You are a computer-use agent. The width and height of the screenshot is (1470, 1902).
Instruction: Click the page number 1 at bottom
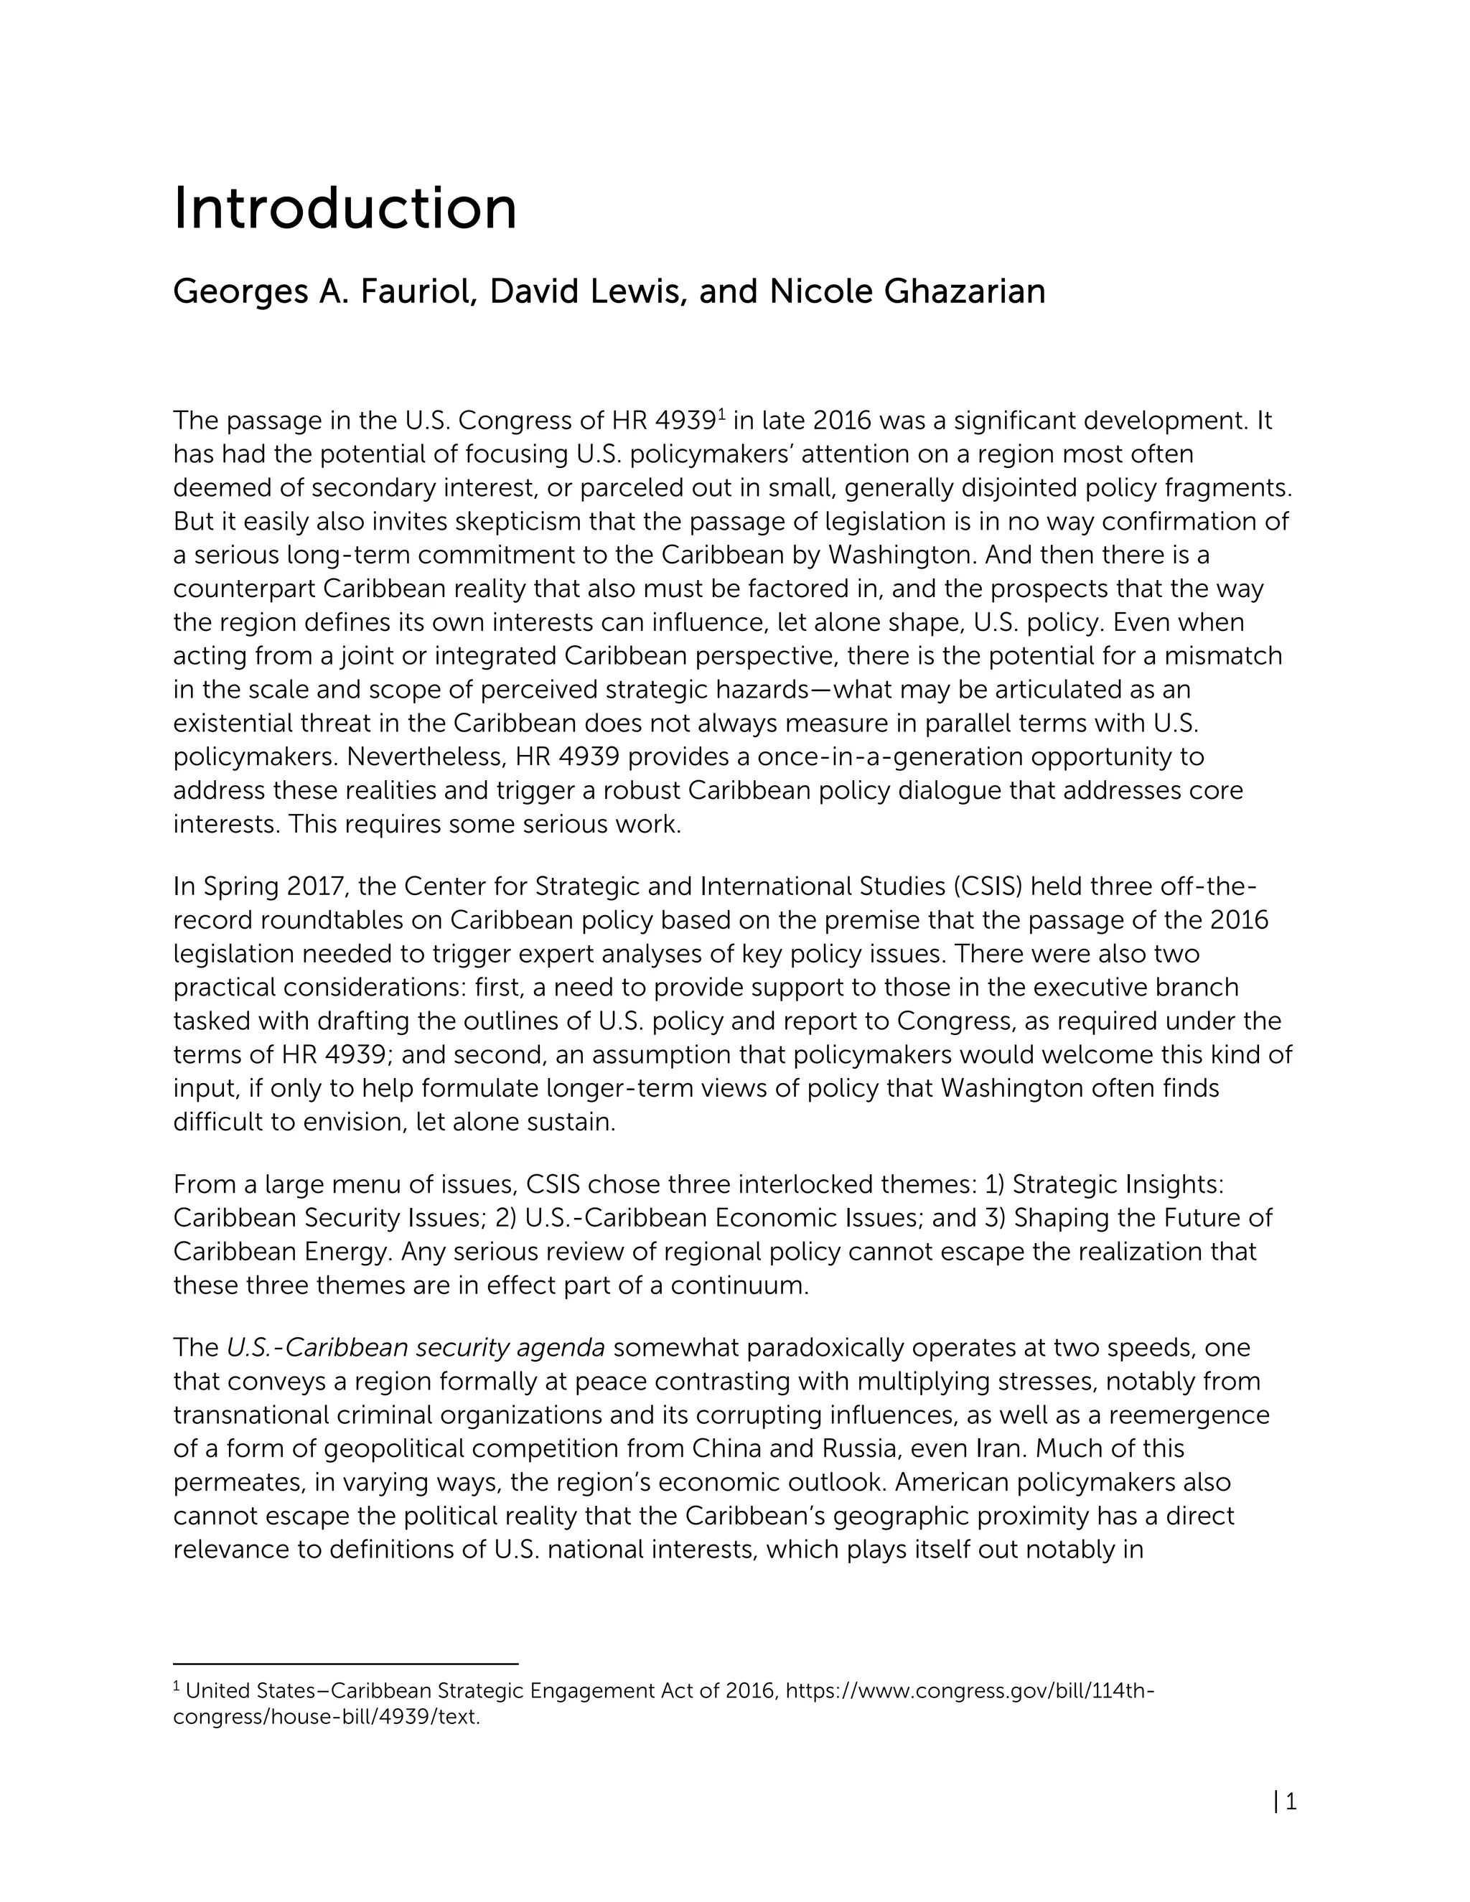coord(1291,1802)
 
